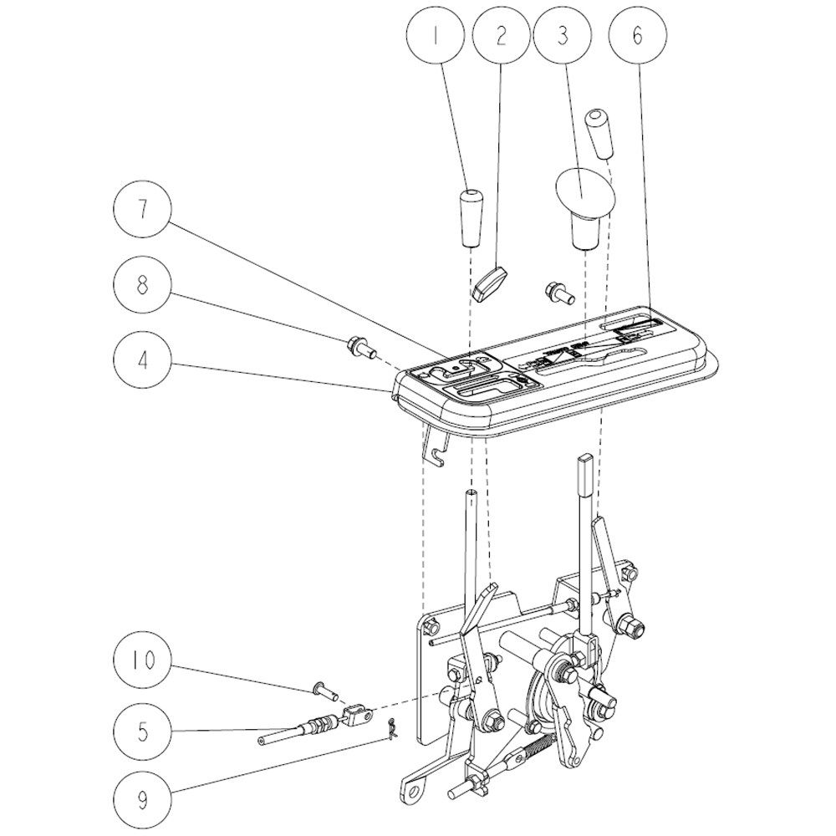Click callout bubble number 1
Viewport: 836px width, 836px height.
coord(436,36)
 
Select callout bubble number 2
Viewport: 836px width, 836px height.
coord(501,36)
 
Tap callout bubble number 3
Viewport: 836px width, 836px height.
coord(563,36)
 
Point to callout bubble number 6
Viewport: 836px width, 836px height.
coord(638,36)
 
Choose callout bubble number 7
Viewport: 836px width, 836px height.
coord(143,208)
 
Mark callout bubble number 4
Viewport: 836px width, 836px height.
coord(143,359)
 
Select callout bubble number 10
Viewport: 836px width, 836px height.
coord(143,660)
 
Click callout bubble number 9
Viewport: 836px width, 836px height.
coord(143,800)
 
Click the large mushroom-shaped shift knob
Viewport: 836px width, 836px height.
coord(585,208)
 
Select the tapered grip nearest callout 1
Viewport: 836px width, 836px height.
coord(470,217)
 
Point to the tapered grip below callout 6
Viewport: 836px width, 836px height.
coord(599,134)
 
